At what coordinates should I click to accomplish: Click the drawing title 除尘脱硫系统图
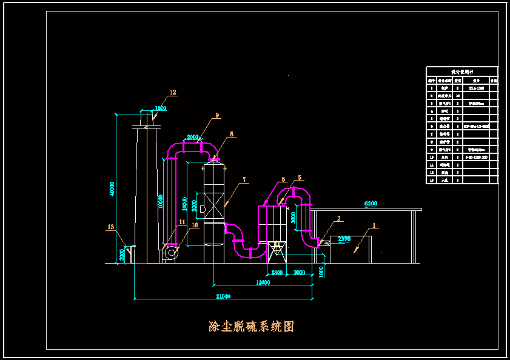[x=251, y=327]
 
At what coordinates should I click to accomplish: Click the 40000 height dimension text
[x=112, y=189]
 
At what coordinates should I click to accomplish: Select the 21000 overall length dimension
[x=223, y=296]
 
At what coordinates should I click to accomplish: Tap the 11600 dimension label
[x=263, y=282]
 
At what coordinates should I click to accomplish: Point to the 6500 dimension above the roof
[x=370, y=204]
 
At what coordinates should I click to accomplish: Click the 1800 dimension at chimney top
[x=159, y=108]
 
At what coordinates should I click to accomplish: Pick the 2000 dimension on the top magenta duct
[x=192, y=138]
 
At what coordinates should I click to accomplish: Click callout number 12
[x=173, y=93]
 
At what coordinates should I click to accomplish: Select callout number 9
[x=216, y=115]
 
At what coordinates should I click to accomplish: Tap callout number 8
[x=231, y=134]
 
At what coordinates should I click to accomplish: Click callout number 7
[x=244, y=179]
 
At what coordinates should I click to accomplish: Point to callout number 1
[x=374, y=225]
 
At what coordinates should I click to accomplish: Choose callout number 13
[x=110, y=227]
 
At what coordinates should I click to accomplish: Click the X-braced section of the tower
[x=213, y=206]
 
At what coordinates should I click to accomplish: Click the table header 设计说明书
[x=462, y=71]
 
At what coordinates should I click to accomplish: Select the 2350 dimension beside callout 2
[x=344, y=239]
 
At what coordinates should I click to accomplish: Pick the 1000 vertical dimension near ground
[x=321, y=271]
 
